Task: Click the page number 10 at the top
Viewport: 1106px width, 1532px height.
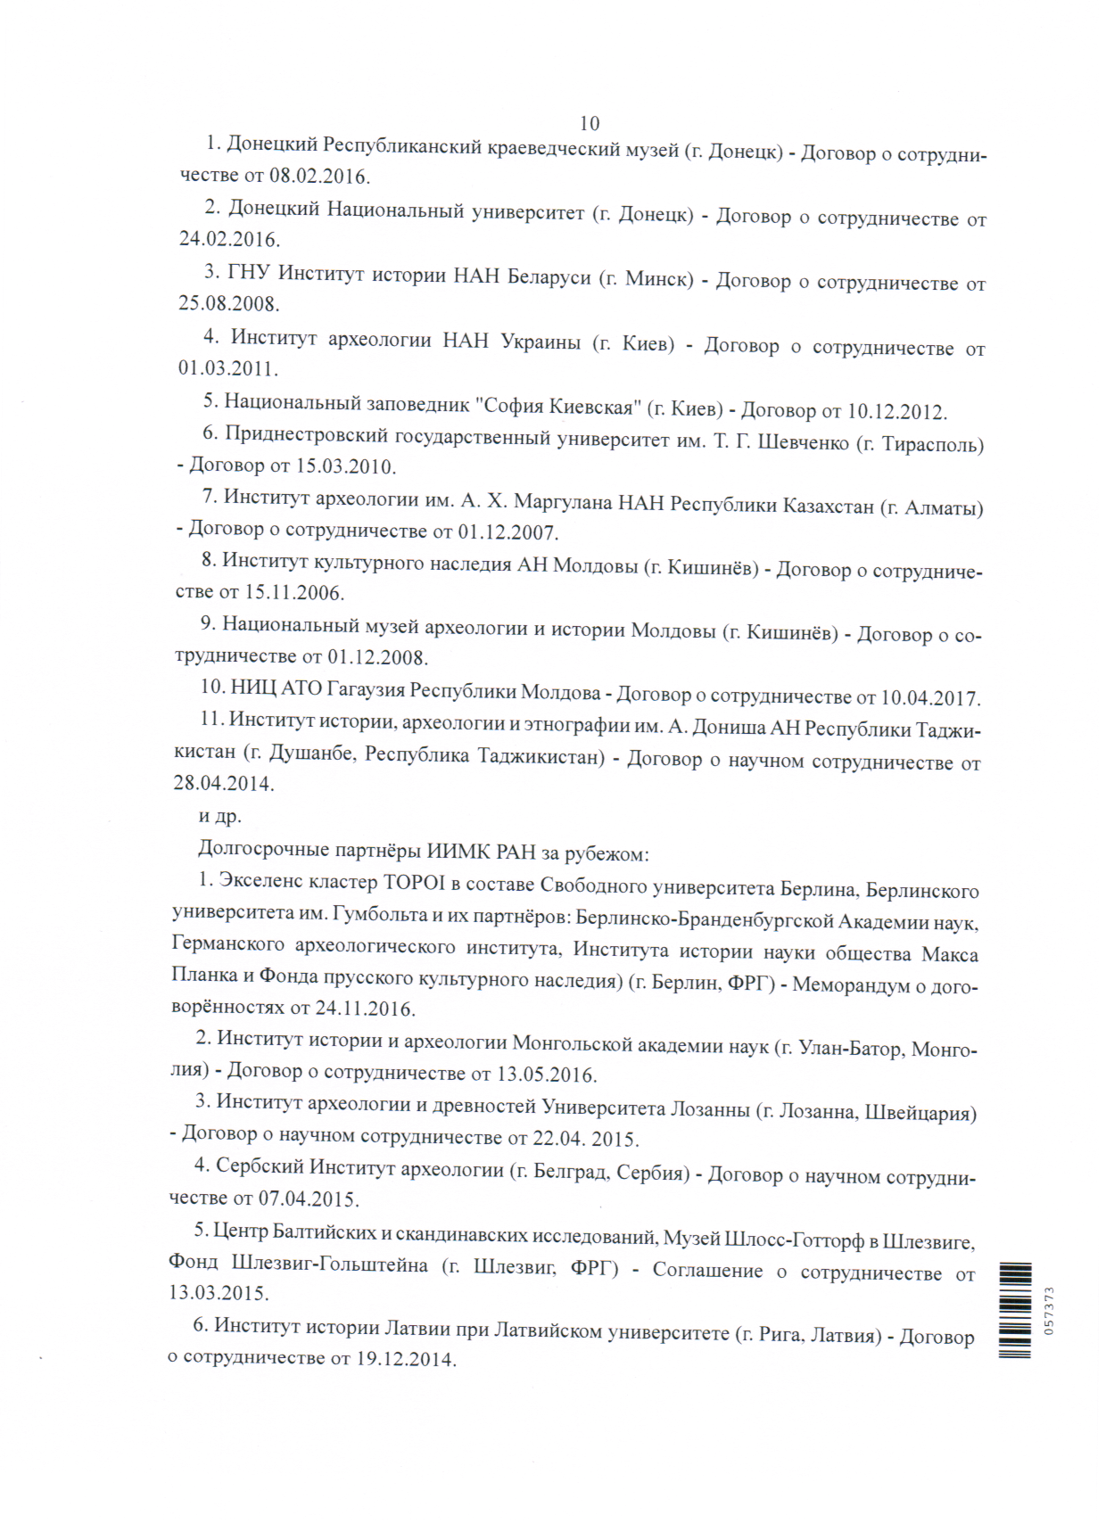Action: pos(590,123)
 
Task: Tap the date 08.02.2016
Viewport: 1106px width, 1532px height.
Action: pos(318,176)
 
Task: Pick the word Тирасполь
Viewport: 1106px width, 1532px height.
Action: pos(931,444)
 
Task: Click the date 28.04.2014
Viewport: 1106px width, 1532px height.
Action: pos(223,784)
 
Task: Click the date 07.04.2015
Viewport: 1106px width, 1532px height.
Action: pos(308,1198)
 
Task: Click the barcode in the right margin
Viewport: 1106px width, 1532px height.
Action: pos(1015,1310)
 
